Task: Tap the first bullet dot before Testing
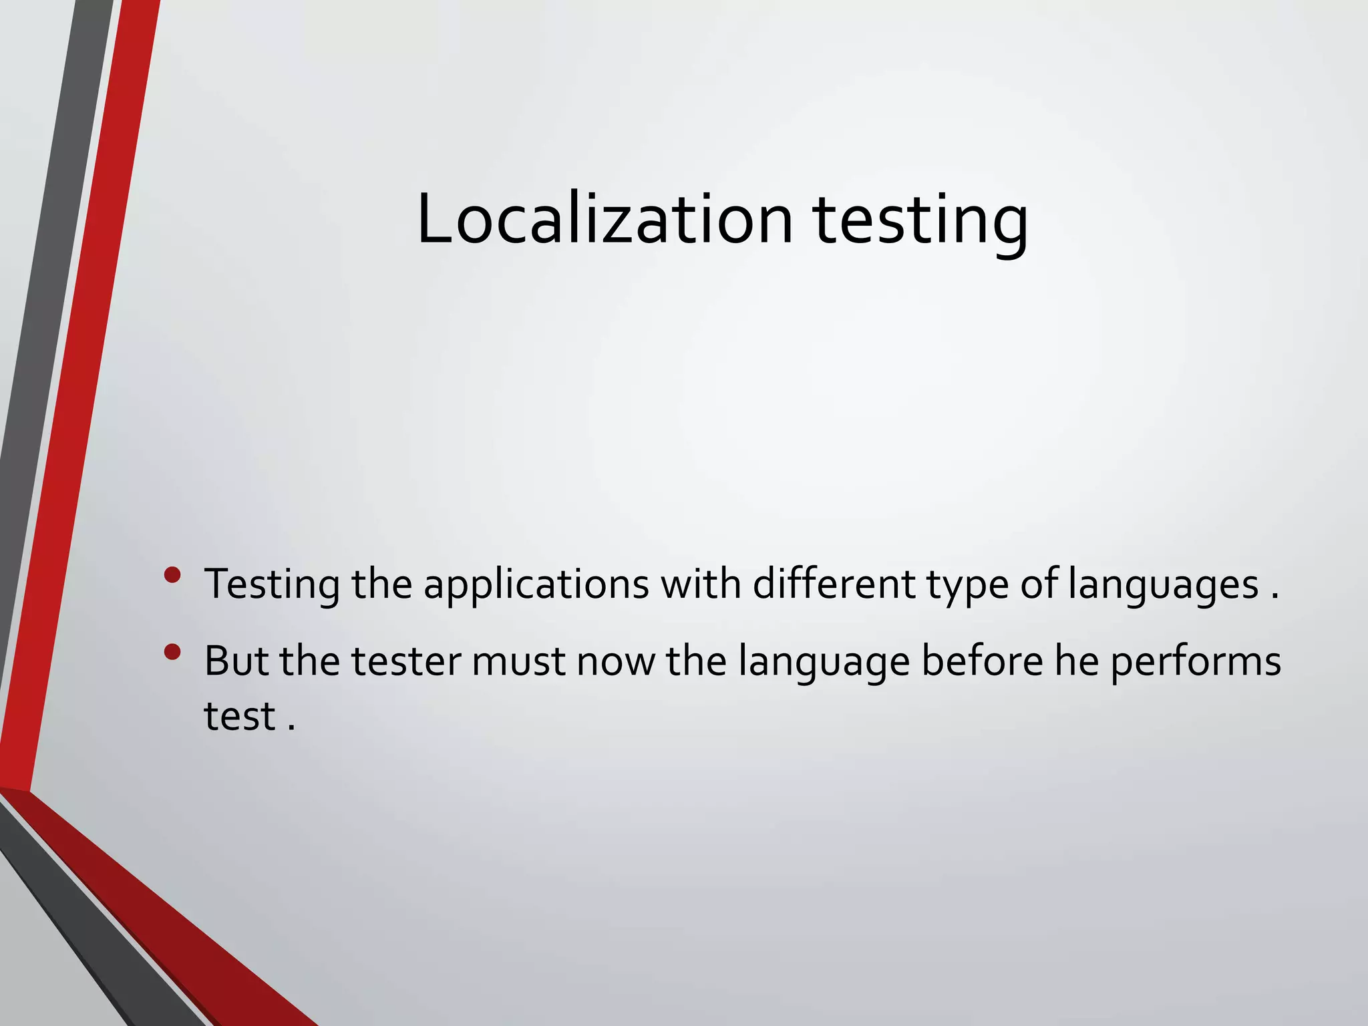coord(172,575)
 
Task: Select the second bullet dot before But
coord(172,652)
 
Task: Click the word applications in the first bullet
coord(536,585)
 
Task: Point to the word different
coord(834,584)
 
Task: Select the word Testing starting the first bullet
coord(272,585)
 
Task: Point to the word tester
coord(406,661)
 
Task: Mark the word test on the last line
coord(239,717)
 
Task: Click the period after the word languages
coord(1274,596)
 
